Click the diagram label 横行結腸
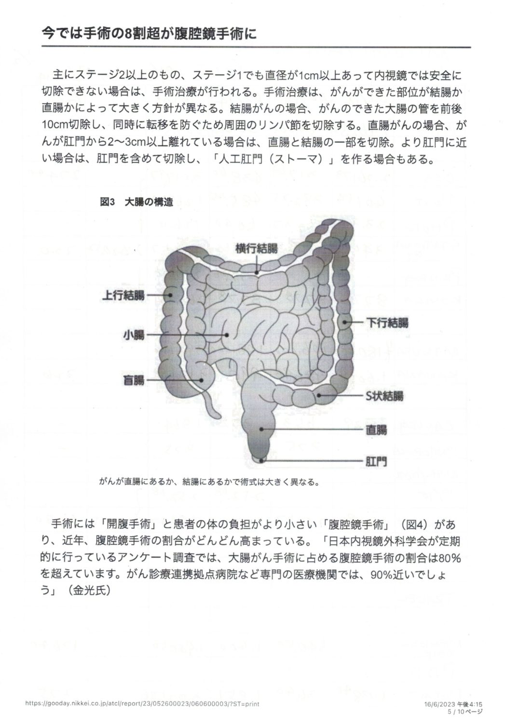coord(256,249)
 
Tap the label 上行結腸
coord(123,295)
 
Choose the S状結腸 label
coord(384,396)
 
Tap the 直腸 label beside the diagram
coord(376,429)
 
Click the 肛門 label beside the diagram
coord(376,461)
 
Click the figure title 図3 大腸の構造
coord(136,202)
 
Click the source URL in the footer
coord(142,704)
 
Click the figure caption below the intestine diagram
coord(210,482)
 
